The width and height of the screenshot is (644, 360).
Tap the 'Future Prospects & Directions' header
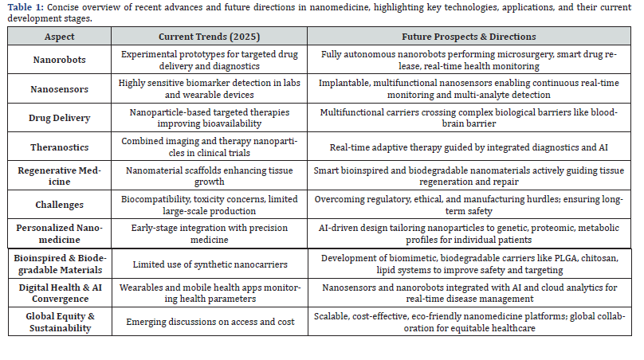(468, 37)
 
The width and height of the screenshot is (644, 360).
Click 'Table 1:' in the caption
(27, 7)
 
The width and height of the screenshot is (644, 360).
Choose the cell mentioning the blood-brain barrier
(468, 118)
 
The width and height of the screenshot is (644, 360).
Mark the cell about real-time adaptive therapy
(468, 147)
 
